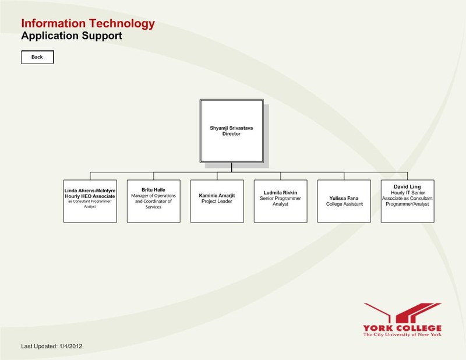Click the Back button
37,57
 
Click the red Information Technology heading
88,24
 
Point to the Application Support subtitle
71,36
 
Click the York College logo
402,320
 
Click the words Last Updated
39,346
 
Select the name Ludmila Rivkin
280,192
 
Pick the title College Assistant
344,204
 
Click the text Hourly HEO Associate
90,197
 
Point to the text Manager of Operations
153,196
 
